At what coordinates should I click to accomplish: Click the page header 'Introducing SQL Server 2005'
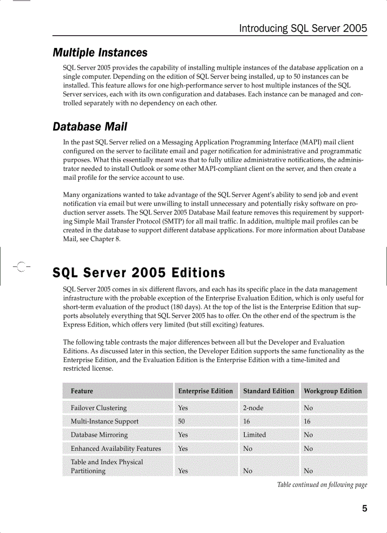[x=303, y=28]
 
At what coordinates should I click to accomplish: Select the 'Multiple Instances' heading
[x=100, y=53]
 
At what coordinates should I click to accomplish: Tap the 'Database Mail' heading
[x=90, y=127]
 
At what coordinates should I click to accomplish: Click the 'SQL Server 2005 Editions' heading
[x=139, y=273]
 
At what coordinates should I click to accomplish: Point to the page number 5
[x=364, y=509]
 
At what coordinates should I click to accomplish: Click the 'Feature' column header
[x=82, y=391]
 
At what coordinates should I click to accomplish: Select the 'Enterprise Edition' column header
[x=205, y=391]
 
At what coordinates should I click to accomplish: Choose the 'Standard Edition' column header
[x=268, y=391]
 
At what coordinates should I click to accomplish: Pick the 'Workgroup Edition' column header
[x=332, y=391]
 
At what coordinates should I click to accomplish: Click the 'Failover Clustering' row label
[x=99, y=408]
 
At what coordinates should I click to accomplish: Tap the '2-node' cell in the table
[x=253, y=408]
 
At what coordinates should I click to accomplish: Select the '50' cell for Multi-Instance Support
[x=181, y=421]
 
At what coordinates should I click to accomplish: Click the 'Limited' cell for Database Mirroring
[x=255, y=435]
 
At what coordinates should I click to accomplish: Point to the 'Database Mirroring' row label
[x=99, y=435]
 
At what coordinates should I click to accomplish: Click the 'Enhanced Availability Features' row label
[x=116, y=449]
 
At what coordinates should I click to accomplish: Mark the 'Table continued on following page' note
[x=322, y=485]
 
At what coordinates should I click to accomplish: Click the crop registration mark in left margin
[x=20, y=266]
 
